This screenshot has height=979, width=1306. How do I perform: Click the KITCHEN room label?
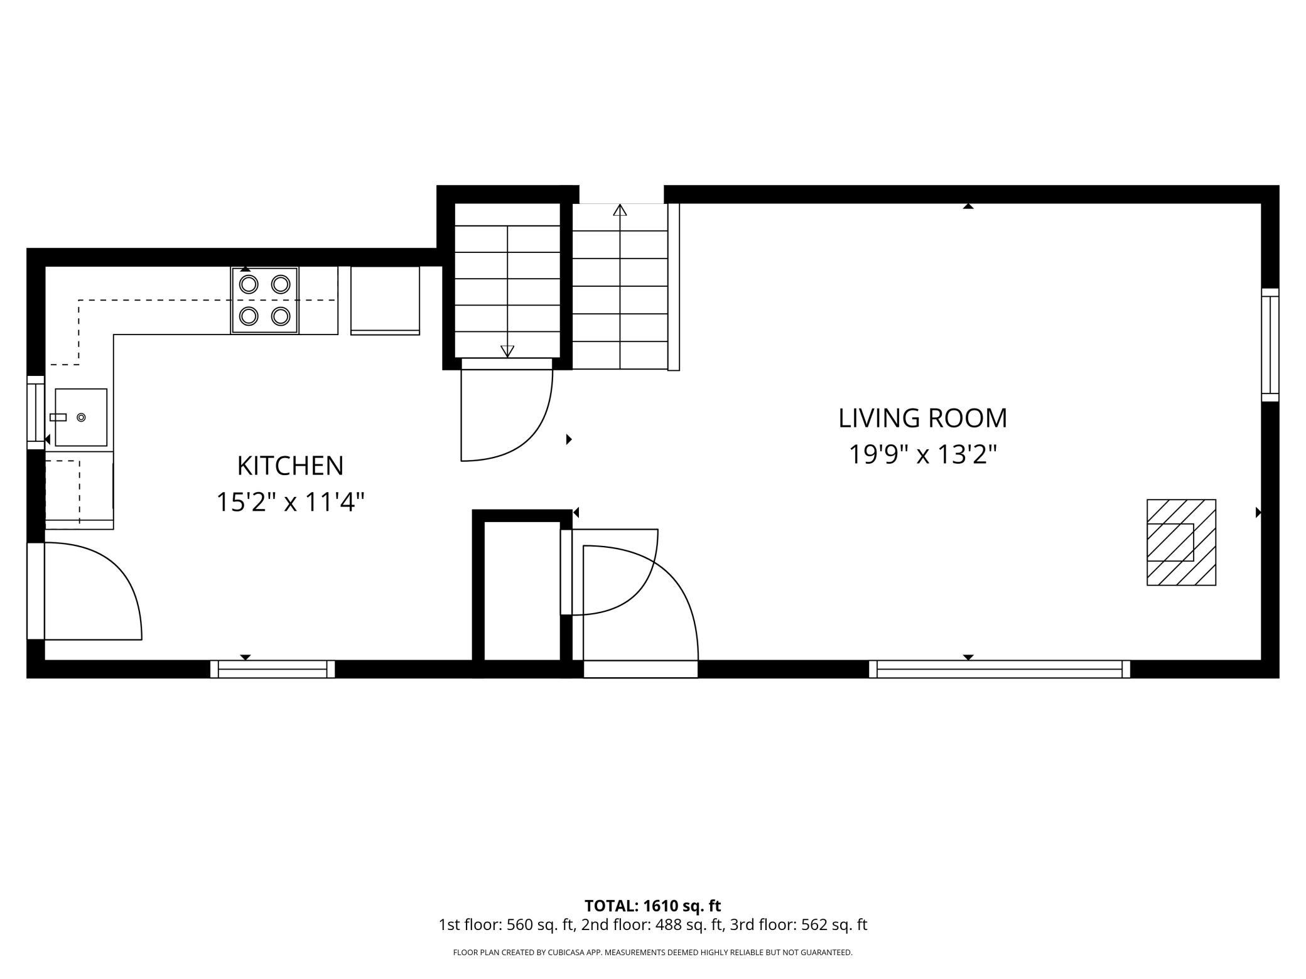(x=290, y=466)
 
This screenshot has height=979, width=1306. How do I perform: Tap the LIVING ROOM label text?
(x=922, y=419)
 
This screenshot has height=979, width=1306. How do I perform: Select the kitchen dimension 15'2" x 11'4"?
(x=290, y=502)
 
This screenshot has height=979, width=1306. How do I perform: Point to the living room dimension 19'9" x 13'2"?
(x=922, y=454)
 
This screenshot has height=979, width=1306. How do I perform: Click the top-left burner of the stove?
(x=249, y=284)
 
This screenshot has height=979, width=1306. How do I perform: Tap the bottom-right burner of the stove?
(x=281, y=316)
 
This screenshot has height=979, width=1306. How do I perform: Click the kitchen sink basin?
(x=81, y=417)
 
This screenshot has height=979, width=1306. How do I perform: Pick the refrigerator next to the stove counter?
(x=385, y=301)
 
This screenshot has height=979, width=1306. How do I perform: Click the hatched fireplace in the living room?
(x=1181, y=542)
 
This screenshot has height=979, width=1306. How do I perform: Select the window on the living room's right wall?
(x=1270, y=345)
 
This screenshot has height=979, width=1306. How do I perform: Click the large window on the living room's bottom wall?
(x=1000, y=669)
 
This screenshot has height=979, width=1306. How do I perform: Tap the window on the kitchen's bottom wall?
(x=273, y=669)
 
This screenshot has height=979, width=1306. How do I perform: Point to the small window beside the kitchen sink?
(x=36, y=412)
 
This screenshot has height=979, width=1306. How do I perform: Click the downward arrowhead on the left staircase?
(x=507, y=351)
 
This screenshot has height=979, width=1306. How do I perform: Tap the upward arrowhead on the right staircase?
(x=620, y=210)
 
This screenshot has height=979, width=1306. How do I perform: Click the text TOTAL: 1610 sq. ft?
(x=652, y=906)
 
